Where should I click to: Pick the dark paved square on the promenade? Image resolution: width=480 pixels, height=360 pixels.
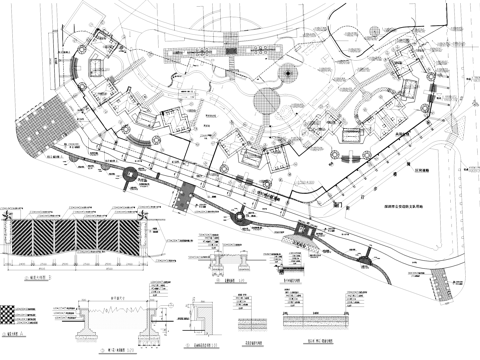click(x=182, y=198)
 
